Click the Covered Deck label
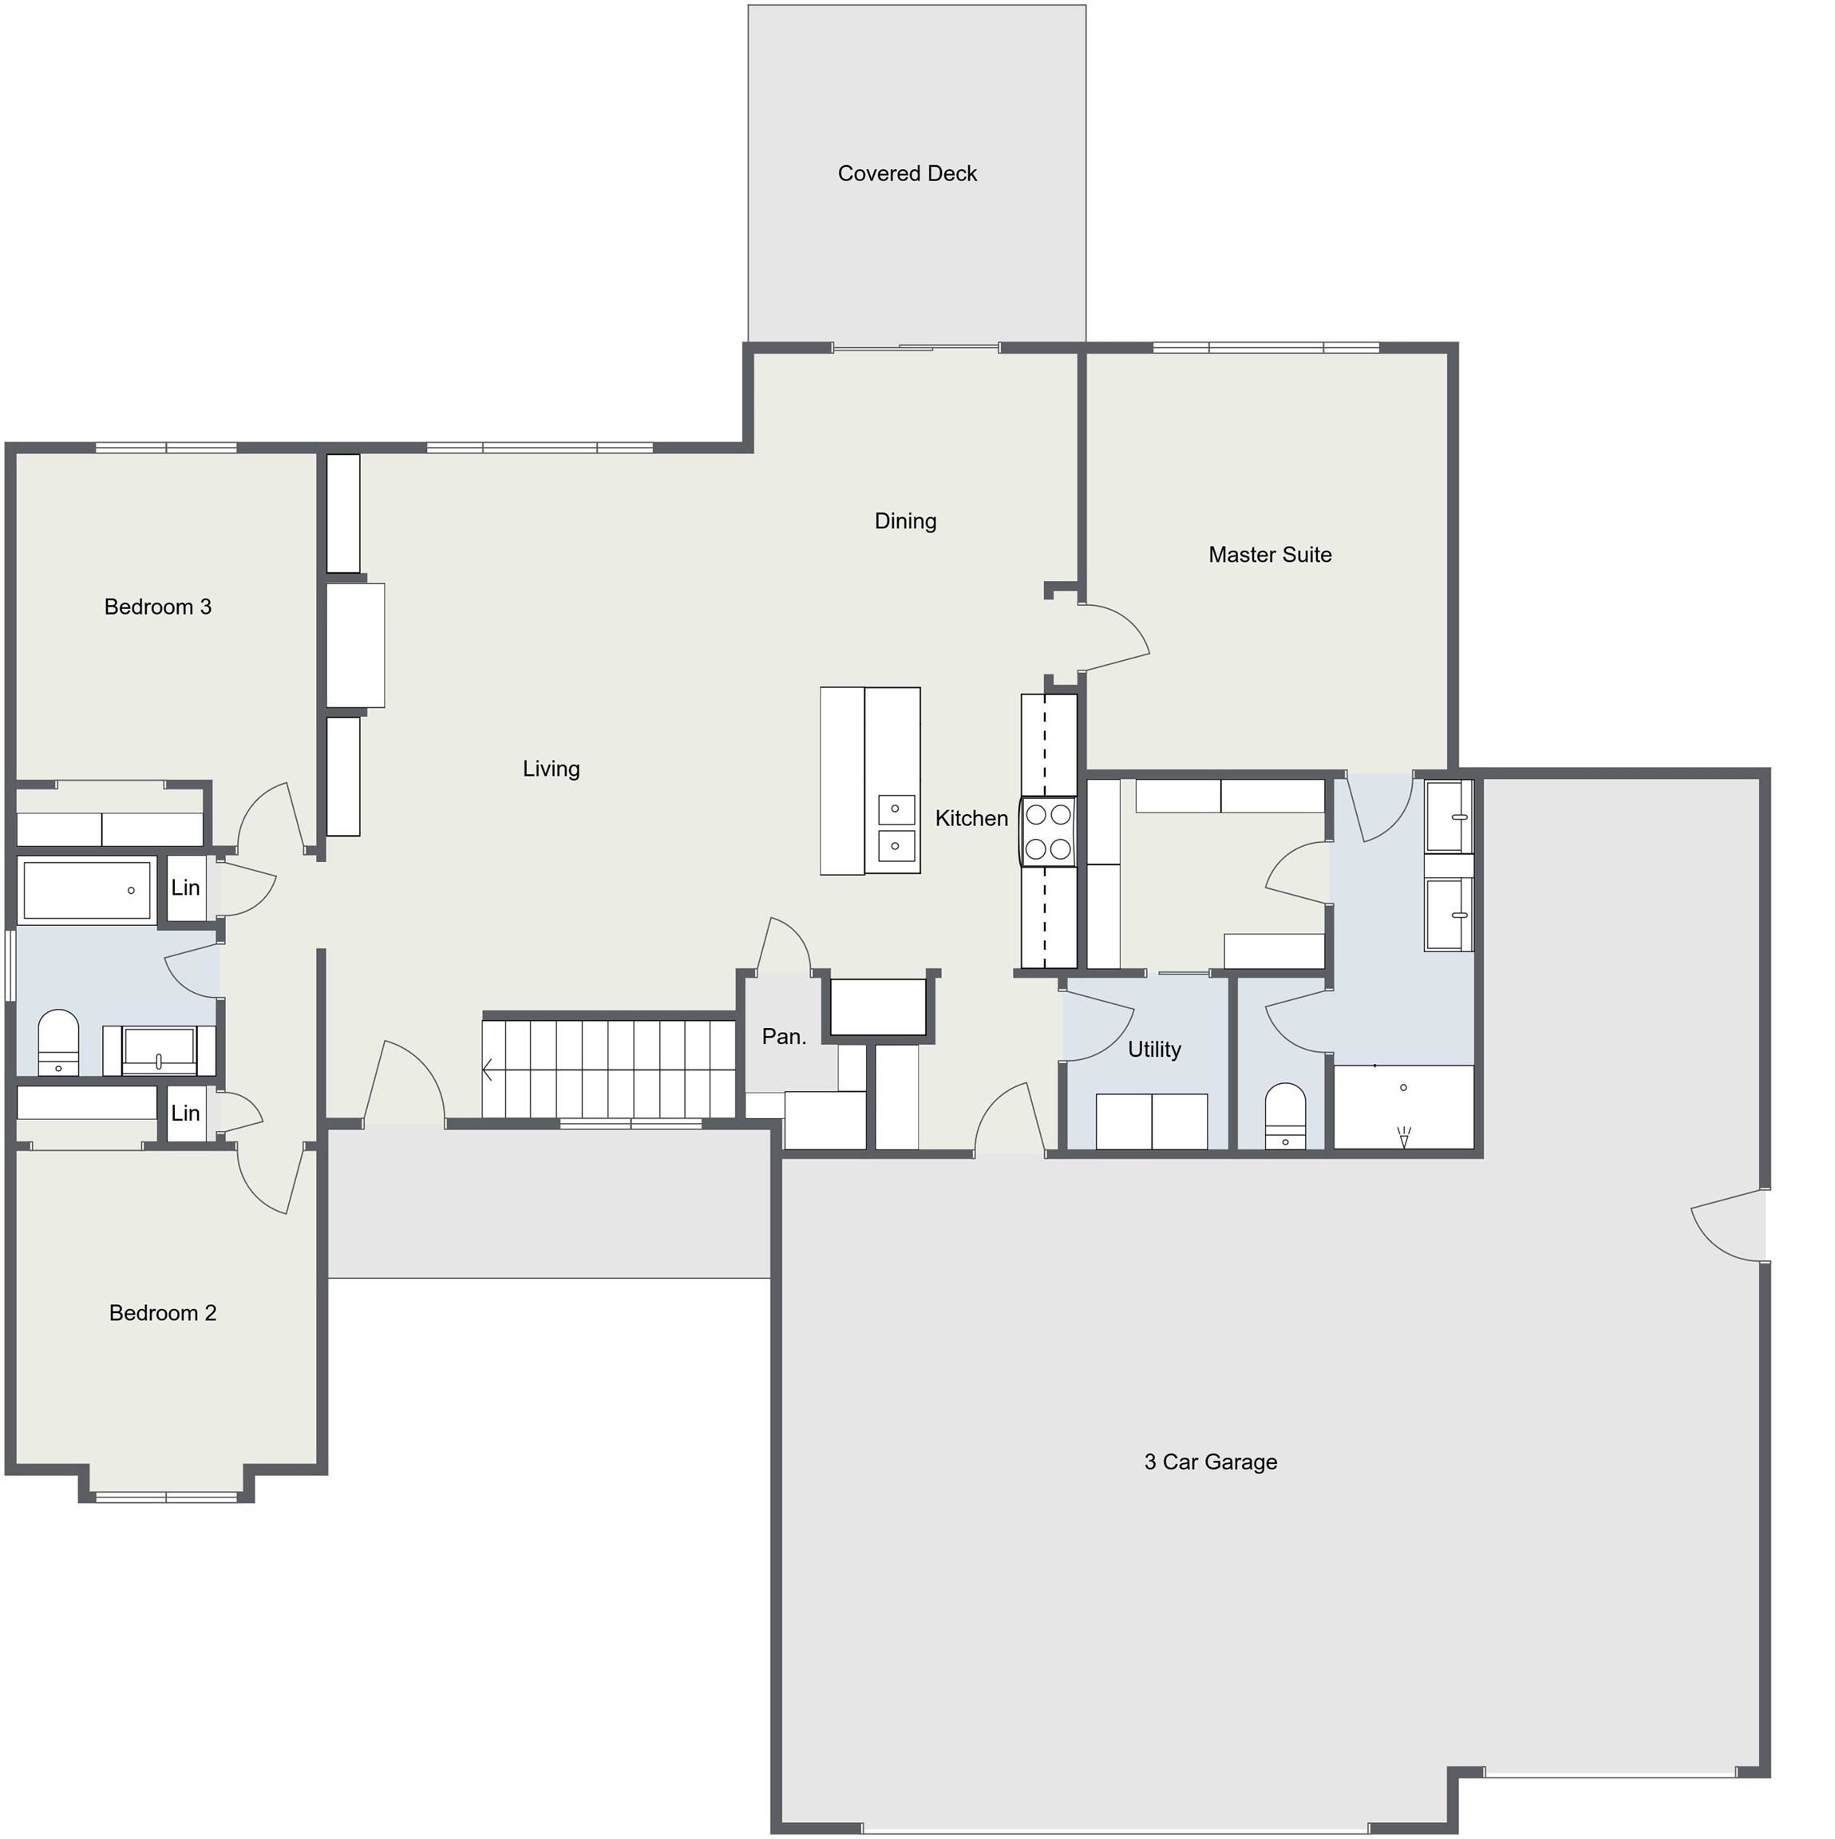(907, 173)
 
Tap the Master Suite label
(1270, 555)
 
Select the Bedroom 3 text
(158, 607)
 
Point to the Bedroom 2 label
(163, 1314)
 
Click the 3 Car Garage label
(1211, 1462)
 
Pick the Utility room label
(1154, 1050)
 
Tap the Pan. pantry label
(785, 1037)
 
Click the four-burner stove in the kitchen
(1048, 831)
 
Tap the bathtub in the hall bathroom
(88, 890)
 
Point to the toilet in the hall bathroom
(58, 1042)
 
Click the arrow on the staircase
(488, 1071)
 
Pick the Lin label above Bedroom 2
(186, 1113)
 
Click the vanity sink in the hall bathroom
(159, 1051)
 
